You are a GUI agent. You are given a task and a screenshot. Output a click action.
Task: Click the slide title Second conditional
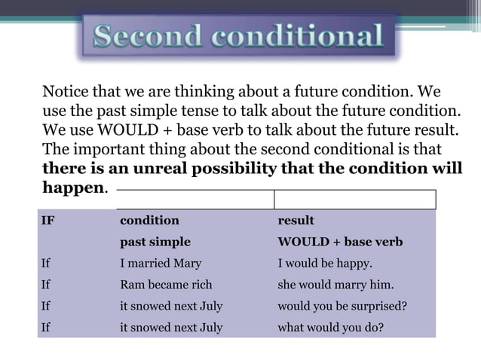238,36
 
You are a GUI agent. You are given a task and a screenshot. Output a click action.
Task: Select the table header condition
149,221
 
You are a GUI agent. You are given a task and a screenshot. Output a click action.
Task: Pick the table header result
296,221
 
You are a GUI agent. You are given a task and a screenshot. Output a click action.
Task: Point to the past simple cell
155,243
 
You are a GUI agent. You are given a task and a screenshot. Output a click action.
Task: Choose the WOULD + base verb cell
340,243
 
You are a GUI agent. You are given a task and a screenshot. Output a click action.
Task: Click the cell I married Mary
161,264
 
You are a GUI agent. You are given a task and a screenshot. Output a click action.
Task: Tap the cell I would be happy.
325,264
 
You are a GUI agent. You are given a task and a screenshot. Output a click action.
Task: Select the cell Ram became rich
166,285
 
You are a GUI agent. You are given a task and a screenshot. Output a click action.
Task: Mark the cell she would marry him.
335,285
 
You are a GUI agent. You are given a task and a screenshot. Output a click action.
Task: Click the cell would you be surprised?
343,307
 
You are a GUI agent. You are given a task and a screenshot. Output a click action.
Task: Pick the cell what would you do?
331,328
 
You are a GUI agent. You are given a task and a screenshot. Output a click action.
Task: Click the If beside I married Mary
46,264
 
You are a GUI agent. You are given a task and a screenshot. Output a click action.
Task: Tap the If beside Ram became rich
46,285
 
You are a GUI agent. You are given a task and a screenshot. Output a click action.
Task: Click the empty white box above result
354,200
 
